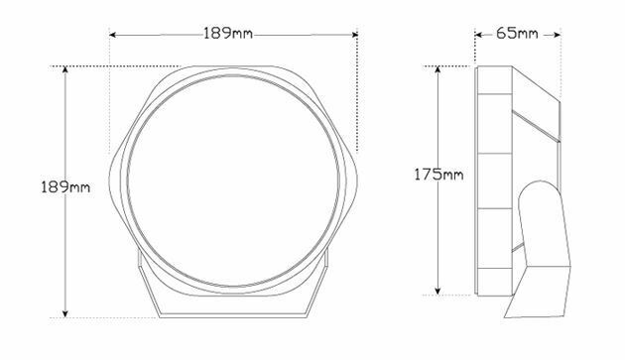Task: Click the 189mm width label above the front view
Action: [228, 34]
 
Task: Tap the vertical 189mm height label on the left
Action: [65, 187]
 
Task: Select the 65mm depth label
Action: [517, 34]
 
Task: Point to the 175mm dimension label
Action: [438, 175]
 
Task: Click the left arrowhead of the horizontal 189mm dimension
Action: [112, 35]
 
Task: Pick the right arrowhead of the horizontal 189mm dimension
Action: [355, 35]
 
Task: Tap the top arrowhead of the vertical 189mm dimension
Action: [65, 69]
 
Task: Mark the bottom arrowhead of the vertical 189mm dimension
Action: [65, 314]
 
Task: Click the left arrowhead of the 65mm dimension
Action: [479, 35]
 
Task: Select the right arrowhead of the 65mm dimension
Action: [558, 35]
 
